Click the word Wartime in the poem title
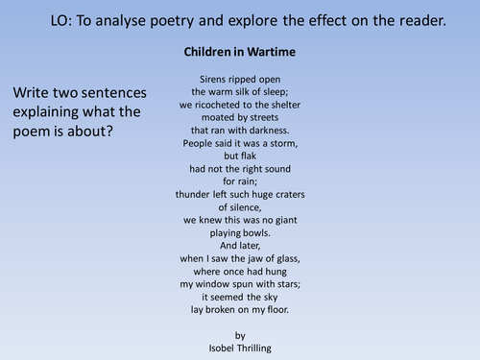[272, 52]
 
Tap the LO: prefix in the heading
[61, 21]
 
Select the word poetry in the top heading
[172, 21]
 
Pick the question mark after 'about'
[109, 132]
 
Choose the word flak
[249, 156]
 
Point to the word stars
[289, 284]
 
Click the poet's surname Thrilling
[252, 348]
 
